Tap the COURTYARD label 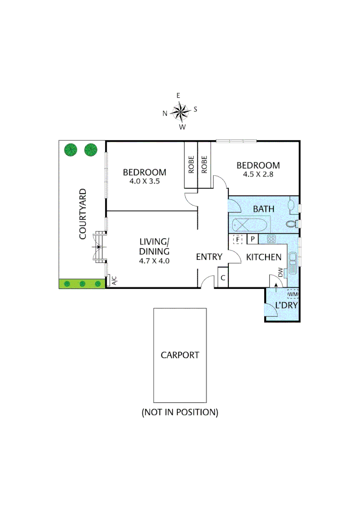(83, 214)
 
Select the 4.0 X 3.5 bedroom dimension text (144, 180)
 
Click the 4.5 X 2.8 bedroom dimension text (258, 174)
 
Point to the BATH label (264, 208)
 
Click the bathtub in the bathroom (250, 224)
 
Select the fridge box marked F (238, 239)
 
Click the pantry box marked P (252, 239)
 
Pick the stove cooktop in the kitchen (271, 239)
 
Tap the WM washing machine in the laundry (293, 294)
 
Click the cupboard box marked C (223, 278)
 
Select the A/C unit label (114, 281)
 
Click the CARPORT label (180, 355)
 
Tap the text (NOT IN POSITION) (180, 412)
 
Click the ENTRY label (209, 257)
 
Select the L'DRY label (286, 306)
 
